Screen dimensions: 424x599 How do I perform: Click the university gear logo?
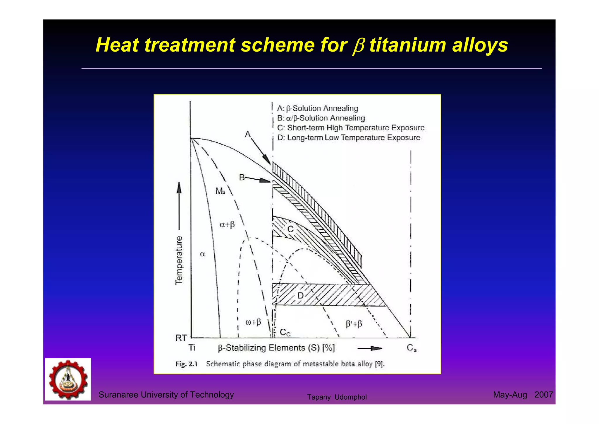coord(68,379)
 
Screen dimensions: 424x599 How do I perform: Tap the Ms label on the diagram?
coord(220,191)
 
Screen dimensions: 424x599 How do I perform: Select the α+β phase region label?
coord(227,225)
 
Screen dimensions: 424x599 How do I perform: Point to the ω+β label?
coord(253,322)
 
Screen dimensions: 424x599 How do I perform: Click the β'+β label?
coord(354,324)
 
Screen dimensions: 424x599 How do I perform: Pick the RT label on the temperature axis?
coord(181,338)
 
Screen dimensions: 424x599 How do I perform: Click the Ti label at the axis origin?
coord(192,348)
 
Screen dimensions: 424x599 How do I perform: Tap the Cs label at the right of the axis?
coord(412,348)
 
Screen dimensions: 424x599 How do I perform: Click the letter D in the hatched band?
coord(300,296)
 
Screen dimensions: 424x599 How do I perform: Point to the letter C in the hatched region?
coord(290,229)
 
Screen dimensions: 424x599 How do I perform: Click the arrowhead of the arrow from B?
coord(266,181)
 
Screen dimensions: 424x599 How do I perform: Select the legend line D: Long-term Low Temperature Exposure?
coord(349,137)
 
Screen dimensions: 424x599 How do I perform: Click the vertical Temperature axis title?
coord(179,260)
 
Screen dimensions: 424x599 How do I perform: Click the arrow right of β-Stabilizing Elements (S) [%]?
coord(370,348)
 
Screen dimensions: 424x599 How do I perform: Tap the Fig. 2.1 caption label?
coord(186,364)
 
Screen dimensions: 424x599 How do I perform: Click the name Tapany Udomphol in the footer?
coord(337,397)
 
